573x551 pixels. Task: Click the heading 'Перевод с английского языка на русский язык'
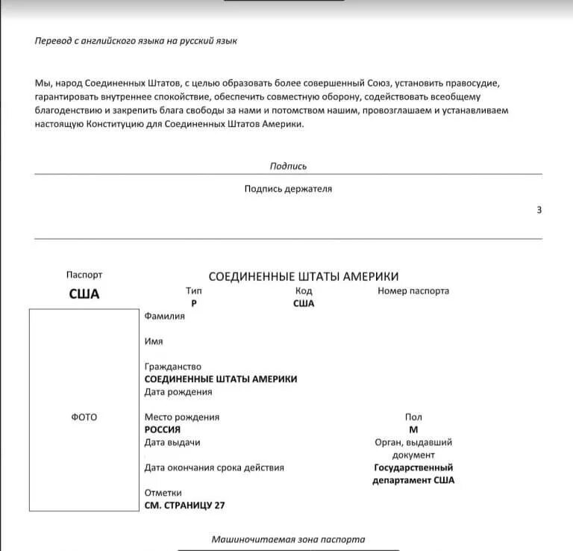click(136, 40)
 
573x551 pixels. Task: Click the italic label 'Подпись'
click(288, 166)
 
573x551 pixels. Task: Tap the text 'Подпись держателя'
click(288, 189)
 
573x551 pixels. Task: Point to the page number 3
click(539, 210)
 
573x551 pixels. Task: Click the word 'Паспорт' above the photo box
click(84, 275)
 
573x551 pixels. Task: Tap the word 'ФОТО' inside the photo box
click(84, 417)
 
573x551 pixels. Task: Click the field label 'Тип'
click(194, 290)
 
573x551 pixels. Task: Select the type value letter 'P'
click(194, 303)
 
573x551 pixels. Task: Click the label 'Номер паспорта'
click(413, 290)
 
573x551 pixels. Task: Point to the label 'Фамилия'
click(164, 316)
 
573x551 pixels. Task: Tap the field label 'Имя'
click(154, 341)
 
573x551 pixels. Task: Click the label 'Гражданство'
click(173, 367)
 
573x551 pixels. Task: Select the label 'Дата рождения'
click(178, 391)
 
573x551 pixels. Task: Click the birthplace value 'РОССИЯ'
click(163, 429)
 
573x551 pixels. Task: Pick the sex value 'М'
click(413, 429)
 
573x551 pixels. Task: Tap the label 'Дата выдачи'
click(172, 442)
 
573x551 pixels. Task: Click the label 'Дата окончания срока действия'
click(214, 467)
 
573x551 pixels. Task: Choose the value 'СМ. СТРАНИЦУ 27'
click(184, 505)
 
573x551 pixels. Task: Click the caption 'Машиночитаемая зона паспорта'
click(288, 538)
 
